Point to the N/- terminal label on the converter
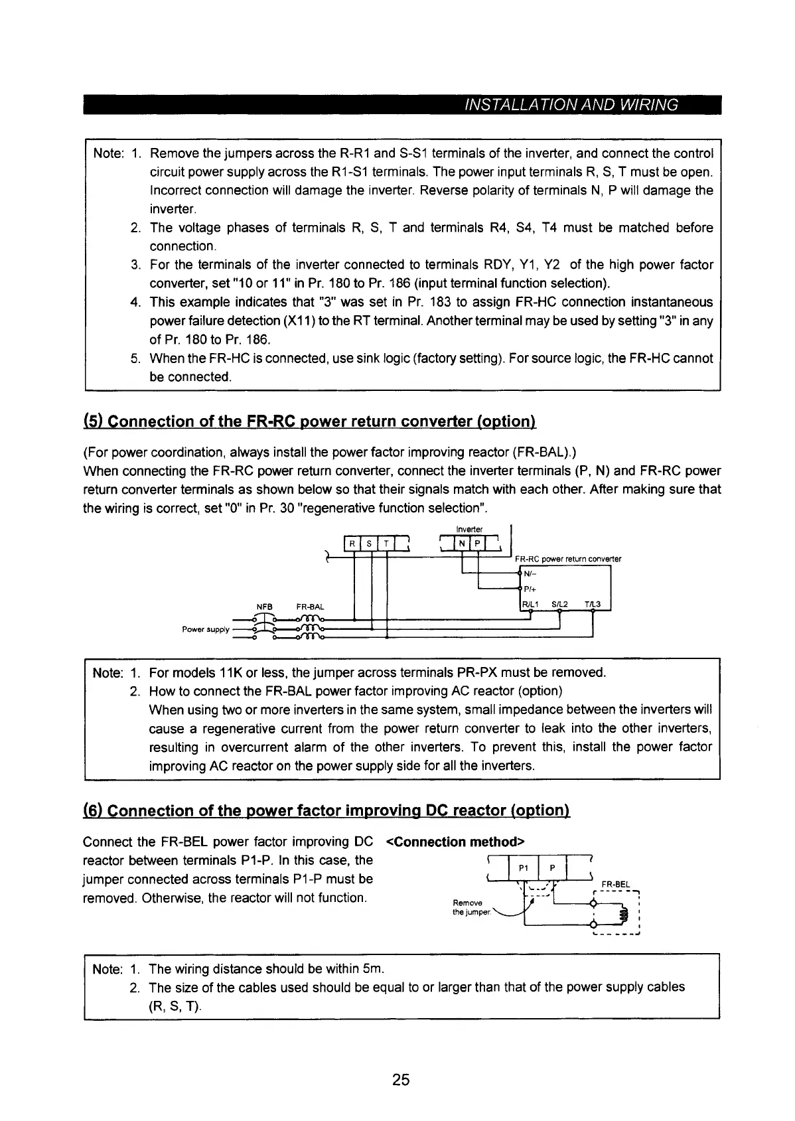click(x=530, y=573)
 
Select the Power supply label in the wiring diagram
click(x=206, y=629)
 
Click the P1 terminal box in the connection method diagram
click(x=523, y=869)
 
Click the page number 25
click(x=401, y=1080)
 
